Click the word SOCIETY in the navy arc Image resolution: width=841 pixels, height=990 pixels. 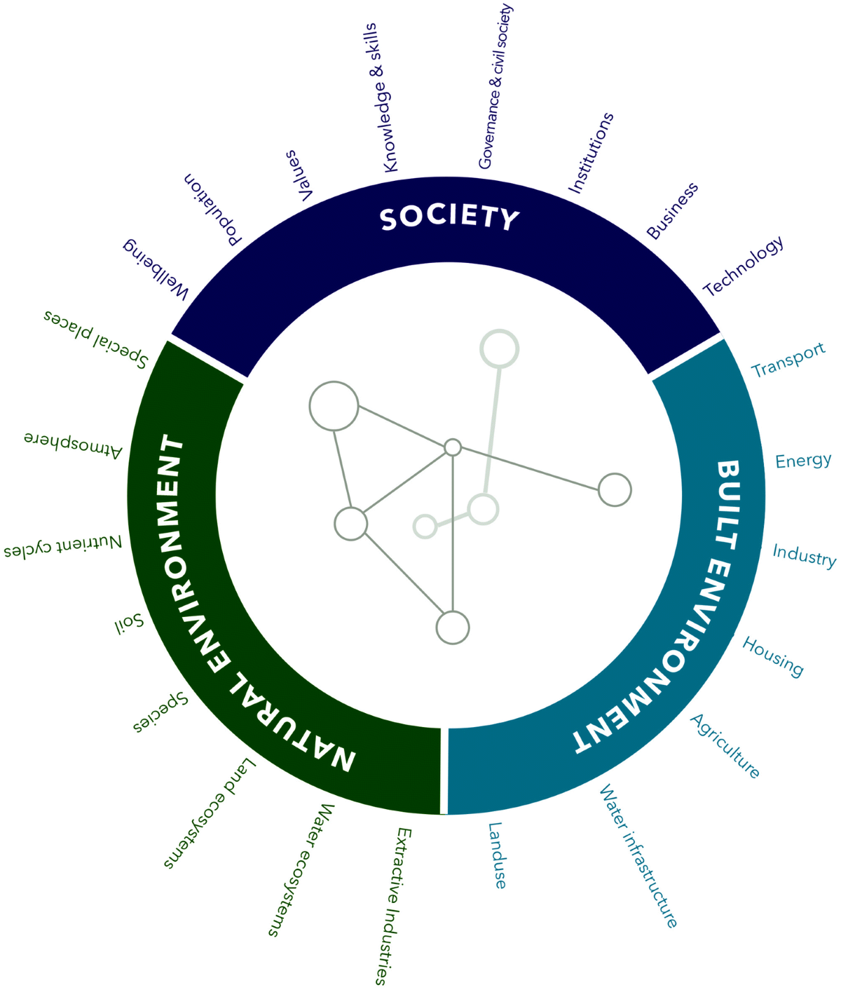pos(449,217)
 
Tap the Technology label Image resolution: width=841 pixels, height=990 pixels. pos(743,266)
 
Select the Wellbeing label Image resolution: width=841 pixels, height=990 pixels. pos(156,269)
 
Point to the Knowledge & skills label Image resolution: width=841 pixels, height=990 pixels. pos(381,97)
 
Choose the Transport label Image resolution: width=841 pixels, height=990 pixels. pos(788,360)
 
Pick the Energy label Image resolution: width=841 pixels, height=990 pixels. pos(803,461)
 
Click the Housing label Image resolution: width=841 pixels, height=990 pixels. pos(773,656)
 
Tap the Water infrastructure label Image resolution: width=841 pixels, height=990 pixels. pos(638,856)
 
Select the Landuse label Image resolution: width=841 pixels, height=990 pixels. pos(497,855)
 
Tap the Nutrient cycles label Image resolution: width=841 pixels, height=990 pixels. pos(63,546)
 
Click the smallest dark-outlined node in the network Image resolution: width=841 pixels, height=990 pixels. pos(453,447)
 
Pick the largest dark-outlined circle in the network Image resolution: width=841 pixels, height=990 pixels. pos(334,406)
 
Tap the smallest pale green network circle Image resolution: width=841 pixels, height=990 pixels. pos(425,526)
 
